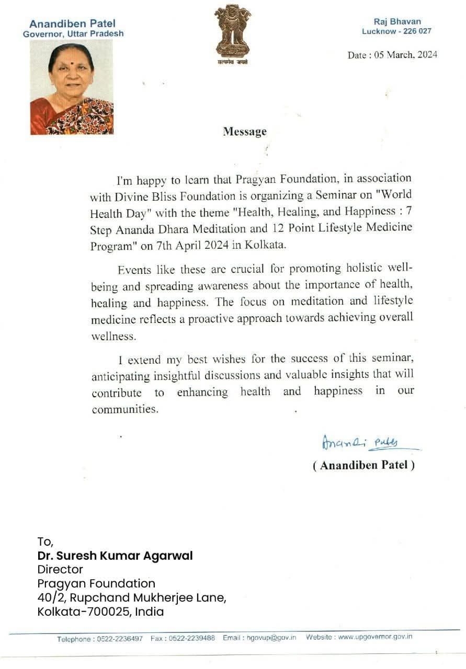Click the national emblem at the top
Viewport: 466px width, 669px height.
tap(232, 32)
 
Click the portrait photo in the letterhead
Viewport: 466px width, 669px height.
tap(71, 87)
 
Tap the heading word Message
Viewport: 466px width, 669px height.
tap(245, 132)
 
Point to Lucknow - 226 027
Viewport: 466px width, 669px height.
tap(397, 31)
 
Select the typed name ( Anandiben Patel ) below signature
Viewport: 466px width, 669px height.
tap(363, 465)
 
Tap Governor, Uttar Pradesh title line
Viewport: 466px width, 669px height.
tap(73, 34)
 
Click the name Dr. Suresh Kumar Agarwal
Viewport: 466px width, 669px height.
tap(115, 556)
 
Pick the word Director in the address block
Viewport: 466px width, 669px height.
tap(60, 569)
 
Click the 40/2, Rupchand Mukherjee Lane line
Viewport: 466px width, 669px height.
tap(132, 597)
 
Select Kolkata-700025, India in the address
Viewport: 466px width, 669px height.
tap(100, 612)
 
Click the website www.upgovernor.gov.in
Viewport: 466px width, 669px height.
tap(375, 637)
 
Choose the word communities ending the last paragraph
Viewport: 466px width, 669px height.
tap(125, 409)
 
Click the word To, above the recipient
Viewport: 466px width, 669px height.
tap(46, 541)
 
